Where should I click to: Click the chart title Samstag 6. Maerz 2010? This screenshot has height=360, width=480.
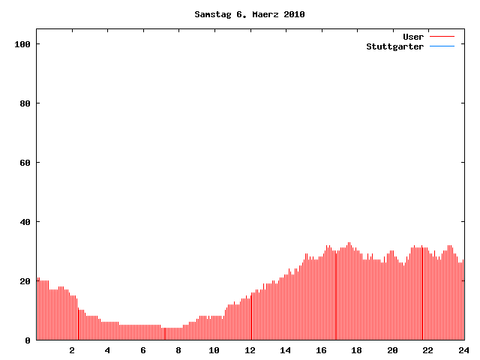pyautogui.click(x=249, y=14)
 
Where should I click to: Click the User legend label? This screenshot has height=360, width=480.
pyautogui.click(x=413, y=37)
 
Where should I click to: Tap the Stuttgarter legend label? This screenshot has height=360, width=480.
pyautogui.click(x=394, y=46)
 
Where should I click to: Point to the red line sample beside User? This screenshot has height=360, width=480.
pyautogui.click(x=442, y=37)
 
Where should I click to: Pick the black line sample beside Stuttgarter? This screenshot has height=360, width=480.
pyautogui.click(x=442, y=46)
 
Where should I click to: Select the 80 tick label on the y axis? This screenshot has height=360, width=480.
pyautogui.click(x=25, y=103)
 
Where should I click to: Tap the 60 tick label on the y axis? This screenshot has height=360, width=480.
pyautogui.click(x=25, y=163)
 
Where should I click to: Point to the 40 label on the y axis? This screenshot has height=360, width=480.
pyautogui.click(x=25, y=222)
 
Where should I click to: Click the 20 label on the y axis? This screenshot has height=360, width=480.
pyautogui.click(x=25, y=281)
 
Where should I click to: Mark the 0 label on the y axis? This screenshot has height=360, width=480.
pyautogui.click(x=28, y=340)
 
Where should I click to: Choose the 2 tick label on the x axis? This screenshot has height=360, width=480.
pyautogui.click(x=72, y=350)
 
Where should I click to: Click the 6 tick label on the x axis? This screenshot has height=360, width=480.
pyautogui.click(x=143, y=350)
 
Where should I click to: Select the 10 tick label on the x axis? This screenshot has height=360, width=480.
pyautogui.click(x=214, y=350)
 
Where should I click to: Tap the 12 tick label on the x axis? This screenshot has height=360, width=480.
pyautogui.click(x=250, y=350)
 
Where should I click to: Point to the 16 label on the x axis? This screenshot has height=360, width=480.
pyautogui.click(x=321, y=350)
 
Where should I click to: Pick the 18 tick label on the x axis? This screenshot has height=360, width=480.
pyautogui.click(x=356, y=350)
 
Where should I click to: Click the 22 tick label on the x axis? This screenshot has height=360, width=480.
pyautogui.click(x=427, y=350)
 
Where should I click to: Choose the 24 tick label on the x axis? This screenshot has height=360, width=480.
pyautogui.click(x=463, y=350)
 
